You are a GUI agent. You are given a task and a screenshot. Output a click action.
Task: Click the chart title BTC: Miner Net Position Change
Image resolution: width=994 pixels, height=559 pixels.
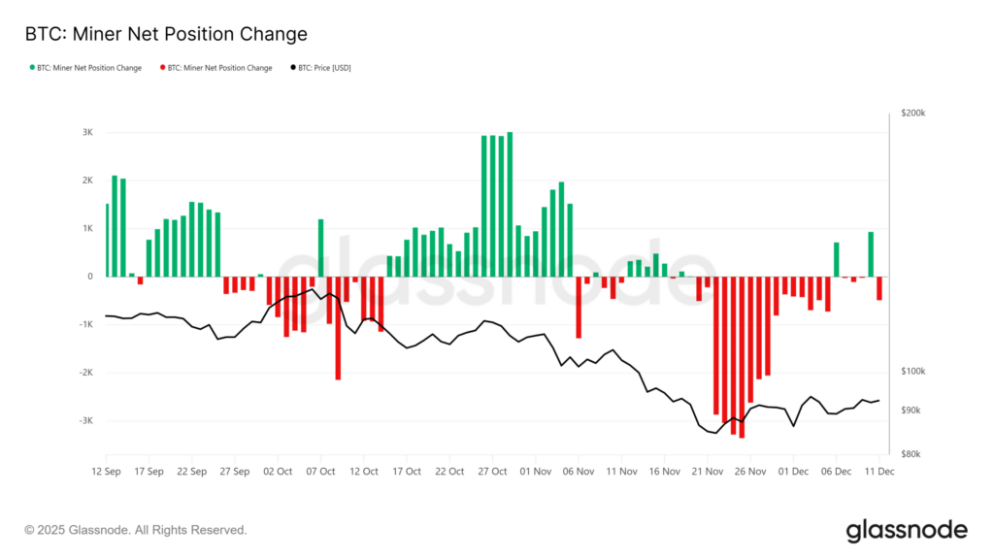click(165, 34)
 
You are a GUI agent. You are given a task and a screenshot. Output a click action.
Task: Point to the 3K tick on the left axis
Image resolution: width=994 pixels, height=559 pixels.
click(87, 133)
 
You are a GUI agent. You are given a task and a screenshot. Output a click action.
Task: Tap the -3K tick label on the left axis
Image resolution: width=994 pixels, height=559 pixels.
click(86, 421)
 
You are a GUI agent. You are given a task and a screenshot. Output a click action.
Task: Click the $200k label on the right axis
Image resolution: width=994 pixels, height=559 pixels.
click(913, 114)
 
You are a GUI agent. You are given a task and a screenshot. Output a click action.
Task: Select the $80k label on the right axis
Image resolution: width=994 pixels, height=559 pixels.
click(911, 454)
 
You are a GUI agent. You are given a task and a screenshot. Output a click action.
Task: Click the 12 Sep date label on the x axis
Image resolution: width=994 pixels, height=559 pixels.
click(106, 471)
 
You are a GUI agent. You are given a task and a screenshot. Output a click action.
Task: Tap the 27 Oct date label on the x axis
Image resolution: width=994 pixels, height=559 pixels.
click(493, 471)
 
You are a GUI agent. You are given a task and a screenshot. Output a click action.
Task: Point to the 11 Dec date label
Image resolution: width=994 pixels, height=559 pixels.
click(879, 471)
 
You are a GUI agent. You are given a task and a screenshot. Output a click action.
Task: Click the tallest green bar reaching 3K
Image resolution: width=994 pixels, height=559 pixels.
click(510, 204)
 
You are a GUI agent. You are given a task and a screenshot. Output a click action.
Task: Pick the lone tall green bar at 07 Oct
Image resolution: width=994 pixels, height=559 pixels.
click(320, 247)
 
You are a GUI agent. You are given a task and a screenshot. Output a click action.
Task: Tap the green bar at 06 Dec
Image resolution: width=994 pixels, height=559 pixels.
click(836, 259)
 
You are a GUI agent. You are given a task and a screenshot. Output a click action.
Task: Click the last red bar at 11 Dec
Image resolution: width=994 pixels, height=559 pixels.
click(879, 288)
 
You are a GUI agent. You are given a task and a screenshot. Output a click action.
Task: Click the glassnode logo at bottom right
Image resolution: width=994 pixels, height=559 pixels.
click(907, 530)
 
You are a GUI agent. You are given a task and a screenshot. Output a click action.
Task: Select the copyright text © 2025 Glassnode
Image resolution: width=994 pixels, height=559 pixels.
click(136, 530)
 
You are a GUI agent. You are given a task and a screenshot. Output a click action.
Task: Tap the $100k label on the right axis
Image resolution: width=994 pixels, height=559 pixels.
click(913, 372)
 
